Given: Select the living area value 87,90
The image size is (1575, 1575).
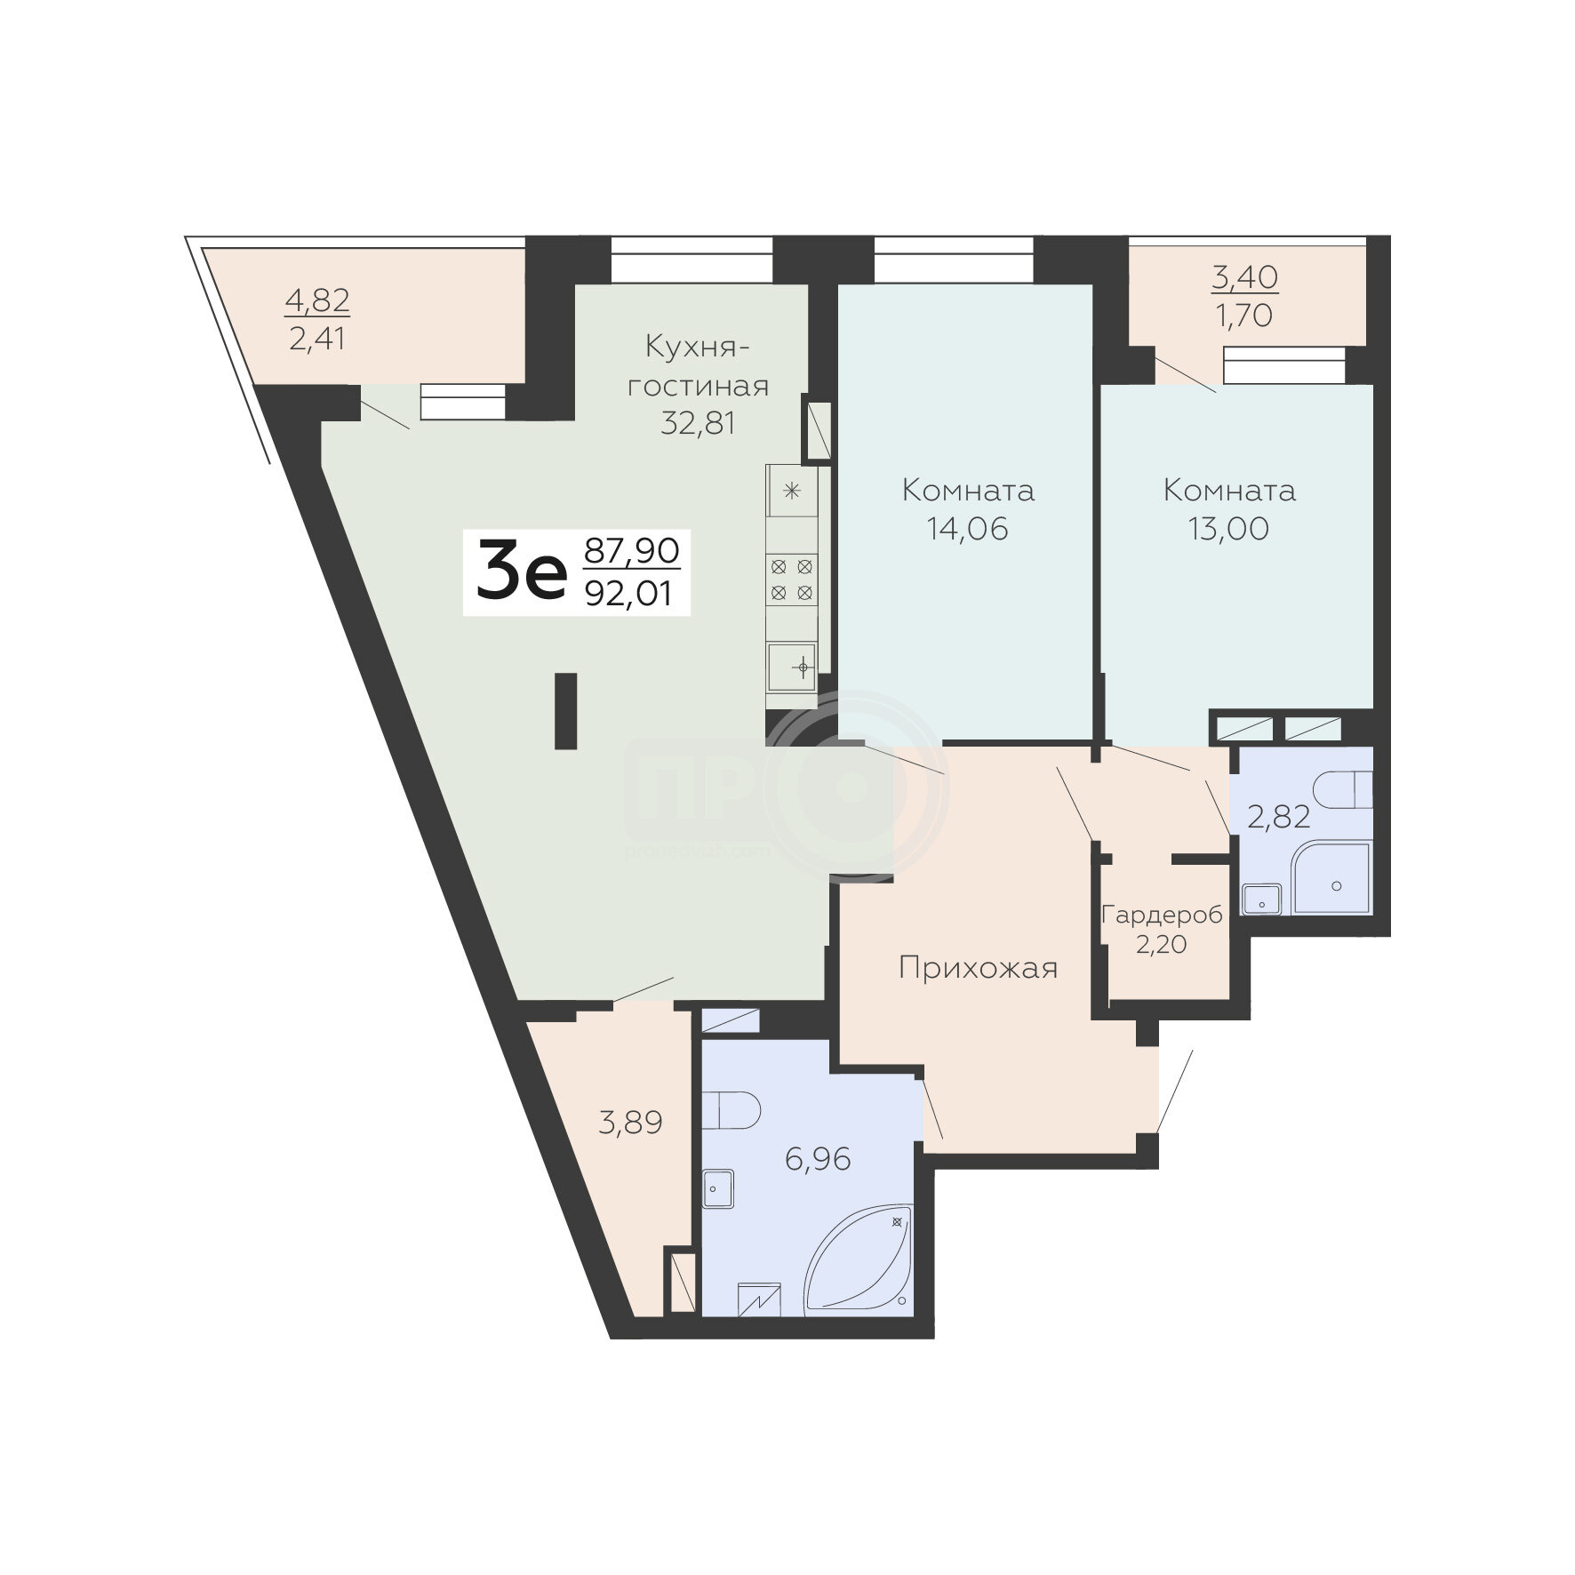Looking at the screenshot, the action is [631, 550].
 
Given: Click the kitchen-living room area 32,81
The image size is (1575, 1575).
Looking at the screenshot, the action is [698, 422].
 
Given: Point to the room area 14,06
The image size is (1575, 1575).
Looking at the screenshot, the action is [968, 529].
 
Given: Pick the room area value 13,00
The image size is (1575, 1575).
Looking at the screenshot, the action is [1229, 529].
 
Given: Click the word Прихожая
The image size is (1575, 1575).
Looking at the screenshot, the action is [979, 968].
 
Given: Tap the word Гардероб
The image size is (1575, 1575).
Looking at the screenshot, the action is [1162, 915].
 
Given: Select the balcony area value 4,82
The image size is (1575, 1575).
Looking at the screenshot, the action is [317, 300].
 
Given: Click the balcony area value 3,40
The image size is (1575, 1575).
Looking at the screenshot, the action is [1245, 277].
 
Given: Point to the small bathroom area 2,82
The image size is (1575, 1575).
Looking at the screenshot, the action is [1279, 817].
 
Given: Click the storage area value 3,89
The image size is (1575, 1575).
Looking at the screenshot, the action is [631, 1123].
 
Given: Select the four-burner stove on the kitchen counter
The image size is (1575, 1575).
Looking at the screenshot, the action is [792, 579].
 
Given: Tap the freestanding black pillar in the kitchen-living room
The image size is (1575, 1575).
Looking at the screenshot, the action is [566, 710].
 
